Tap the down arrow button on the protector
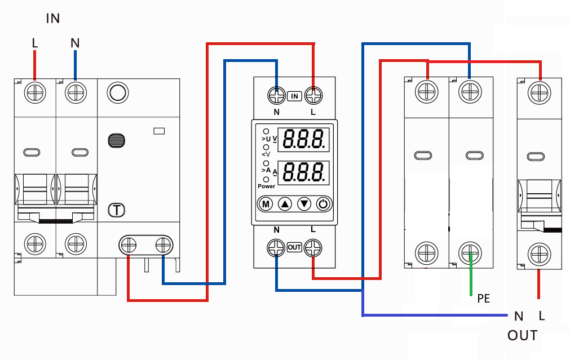[x=304, y=203]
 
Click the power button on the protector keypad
[x=323, y=203]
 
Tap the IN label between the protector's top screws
[x=294, y=96]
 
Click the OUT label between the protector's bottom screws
[x=294, y=247]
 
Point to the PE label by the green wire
[x=483, y=299]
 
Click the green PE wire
[x=471, y=279]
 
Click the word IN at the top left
[x=53, y=19]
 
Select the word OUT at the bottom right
[x=522, y=336]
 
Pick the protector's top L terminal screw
[x=313, y=95]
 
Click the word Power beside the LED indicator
[x=267, y=186]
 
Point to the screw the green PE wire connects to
[x=470, y=251]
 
